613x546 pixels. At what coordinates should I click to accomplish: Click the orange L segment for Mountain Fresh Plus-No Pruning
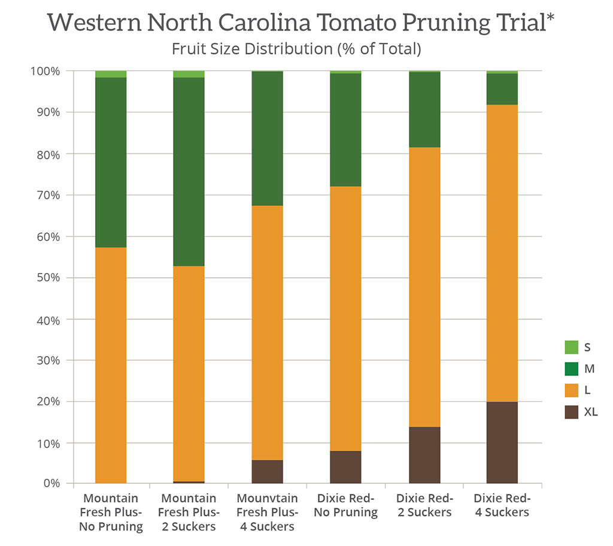[111, 365]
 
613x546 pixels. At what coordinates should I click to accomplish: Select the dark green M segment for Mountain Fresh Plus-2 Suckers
[189, 172]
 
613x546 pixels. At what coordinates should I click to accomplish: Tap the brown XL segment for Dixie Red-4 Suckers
[502, 442]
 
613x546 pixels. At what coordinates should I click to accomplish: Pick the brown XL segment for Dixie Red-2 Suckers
[424, 455]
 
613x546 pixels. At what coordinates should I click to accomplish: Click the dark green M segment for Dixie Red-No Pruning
[345, 130]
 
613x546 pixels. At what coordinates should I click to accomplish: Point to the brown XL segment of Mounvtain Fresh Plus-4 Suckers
[267, 472]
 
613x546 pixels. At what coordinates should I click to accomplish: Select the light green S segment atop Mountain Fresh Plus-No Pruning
[111, 74]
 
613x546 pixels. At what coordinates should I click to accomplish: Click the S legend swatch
[571, 347]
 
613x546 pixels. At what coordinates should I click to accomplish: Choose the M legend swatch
[571, 369]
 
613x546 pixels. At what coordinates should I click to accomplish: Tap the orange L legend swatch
[571, 390]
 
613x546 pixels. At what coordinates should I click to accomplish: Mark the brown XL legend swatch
[571, 412]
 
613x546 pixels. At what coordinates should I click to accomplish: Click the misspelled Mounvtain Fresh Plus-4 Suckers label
[267, 512]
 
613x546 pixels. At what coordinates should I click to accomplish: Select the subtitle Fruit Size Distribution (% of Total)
[296, 49]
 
